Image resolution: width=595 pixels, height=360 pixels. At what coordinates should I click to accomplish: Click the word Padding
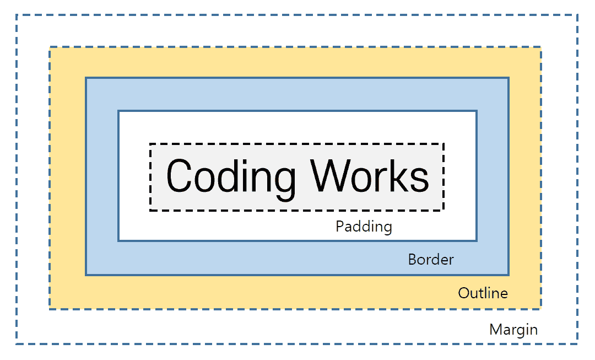[x=364, y=227]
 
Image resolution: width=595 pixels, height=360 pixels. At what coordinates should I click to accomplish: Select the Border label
[x=431, y=259]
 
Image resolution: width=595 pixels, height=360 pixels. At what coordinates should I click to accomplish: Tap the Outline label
[x=483, y=293]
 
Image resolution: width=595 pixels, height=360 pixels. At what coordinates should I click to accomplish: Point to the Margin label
[x=513, y=330]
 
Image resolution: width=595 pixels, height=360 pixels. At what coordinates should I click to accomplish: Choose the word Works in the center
[x=370, y=175]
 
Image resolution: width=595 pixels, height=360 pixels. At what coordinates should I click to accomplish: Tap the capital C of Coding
[x=178, y=175]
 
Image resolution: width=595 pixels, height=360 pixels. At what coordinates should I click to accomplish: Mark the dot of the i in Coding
[x=245, y=160]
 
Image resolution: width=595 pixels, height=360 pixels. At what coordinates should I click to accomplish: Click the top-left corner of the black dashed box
[x=150, y=144]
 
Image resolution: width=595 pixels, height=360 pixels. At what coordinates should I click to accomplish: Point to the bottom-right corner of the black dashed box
[x=443, y=210]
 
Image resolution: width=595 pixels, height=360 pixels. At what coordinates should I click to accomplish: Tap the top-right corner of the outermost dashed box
[x=577, y=14]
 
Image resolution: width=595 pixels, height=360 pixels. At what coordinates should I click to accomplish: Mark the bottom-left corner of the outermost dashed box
[x=17, y=344]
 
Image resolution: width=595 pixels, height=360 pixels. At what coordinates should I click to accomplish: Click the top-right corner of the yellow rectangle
[x=540, y=47]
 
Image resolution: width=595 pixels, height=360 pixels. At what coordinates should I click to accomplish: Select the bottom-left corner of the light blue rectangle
[x=86, y=275]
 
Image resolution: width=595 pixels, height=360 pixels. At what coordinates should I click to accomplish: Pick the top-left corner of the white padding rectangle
[x=118, y=111]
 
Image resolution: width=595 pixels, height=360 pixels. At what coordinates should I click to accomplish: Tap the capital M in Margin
[x=496, y=330]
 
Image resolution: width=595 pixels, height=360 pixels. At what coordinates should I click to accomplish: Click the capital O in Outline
[x=464, y=293]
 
